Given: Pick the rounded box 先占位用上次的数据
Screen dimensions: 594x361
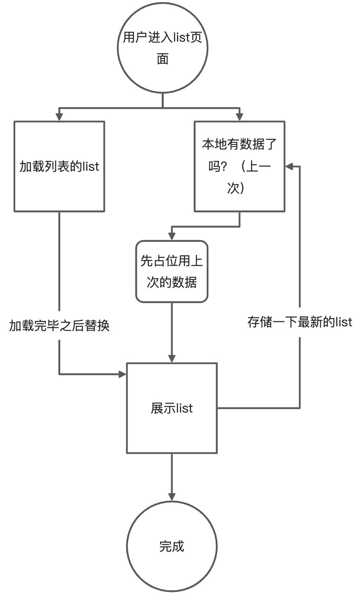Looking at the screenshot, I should tap(172, 271).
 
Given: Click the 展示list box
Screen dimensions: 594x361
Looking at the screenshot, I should tap(172, 408).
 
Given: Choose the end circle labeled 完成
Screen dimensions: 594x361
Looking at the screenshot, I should tap(172, 546).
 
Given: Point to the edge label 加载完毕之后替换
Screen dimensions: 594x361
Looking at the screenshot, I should tap(59, 326).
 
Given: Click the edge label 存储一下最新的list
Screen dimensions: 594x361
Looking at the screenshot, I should tap(300, 322).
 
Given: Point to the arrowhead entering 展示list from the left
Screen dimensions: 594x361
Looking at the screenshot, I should tap(122, 374).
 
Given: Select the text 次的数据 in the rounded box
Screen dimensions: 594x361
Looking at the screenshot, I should tap(172, 283).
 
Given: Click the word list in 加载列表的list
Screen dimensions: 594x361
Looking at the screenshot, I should tap(91, 166).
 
